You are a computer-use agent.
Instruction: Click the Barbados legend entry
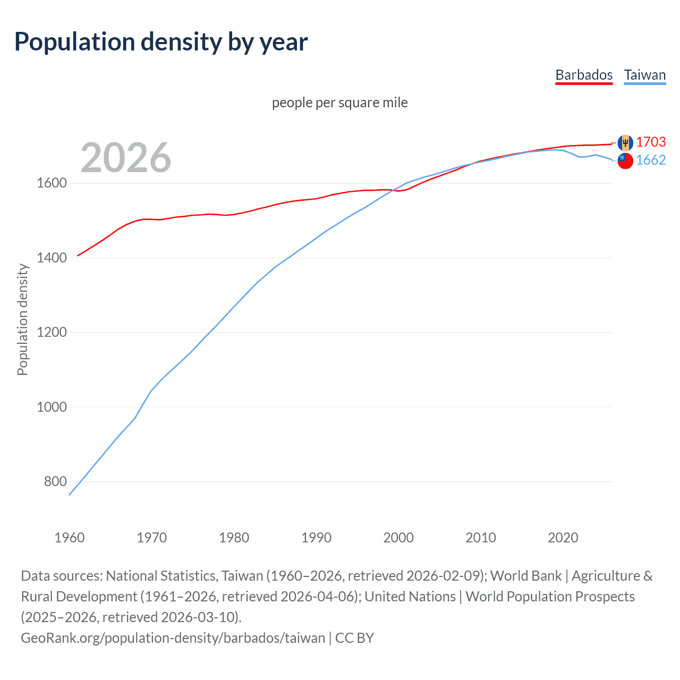(x=584, y=75)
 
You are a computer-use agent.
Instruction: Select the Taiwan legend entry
(x=644, y=75)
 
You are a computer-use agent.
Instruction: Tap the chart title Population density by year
(x=161, y=42)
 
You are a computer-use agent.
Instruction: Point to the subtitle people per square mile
(x=339, y=103)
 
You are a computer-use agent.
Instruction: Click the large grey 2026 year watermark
(x=126, y=158)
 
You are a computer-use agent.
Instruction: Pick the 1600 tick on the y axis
(x=52, y=183)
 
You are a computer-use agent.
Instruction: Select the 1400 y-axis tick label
(x=52, y=258)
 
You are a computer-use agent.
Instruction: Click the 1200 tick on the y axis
(x=52, y=333)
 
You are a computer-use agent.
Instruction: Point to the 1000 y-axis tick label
(x=52, y=407)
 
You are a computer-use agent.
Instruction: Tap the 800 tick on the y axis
(x=55, y=482)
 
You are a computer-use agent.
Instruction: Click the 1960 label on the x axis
(x=70, y=538)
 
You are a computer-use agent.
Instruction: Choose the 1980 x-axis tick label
(x=234, y=538)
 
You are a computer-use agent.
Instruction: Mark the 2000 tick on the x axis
(x=398, y=538)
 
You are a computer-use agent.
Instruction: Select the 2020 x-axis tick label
(x=563, y=538)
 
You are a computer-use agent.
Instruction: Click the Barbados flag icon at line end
(x=625, y=142)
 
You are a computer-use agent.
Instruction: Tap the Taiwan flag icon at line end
(x=625, y=160)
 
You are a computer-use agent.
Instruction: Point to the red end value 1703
(x=651, y=142)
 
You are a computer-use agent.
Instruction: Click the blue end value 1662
(x=651, y=160)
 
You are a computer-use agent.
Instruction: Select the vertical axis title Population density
(x=22, y=320)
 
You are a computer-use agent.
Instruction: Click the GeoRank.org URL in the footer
(x=173, y=638)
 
